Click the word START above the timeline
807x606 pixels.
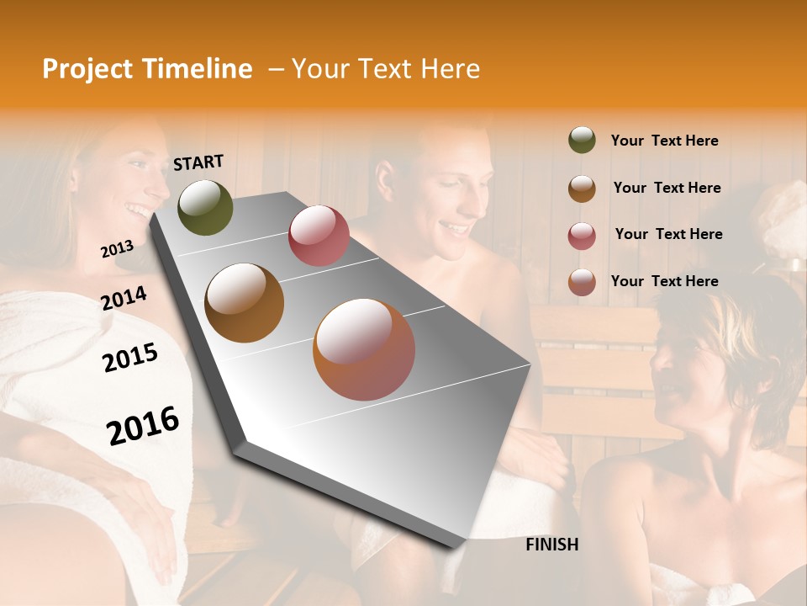(x=198, y=162)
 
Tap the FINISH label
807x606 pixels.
(x=552, y=545)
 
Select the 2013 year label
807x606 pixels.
(x=117, y=249)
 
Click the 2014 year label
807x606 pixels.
(x=124, y=299)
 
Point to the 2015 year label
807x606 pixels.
(x=130, y=358)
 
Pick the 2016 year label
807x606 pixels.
(x=143, y=426)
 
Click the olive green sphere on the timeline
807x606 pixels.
(x=205, y=207)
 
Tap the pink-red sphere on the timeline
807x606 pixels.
(x=319, y=236)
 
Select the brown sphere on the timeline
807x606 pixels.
(x=245, y=303)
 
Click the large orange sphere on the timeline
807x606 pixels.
(x=364, y=348)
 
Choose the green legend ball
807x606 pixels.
(x=582, y=140)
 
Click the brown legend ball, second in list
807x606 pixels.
(x=582, y=189)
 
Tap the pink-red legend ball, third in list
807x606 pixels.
(x=582, y=236)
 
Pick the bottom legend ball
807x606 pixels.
(x=582, y=282)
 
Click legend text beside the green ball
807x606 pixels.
(x=664, y=141)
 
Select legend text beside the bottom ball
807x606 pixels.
(x=664, y=281)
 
